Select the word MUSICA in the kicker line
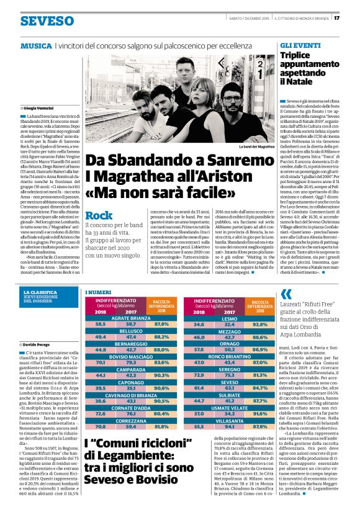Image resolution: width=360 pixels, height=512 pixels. pos(36,47)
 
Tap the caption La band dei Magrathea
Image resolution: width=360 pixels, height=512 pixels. pos(254,146)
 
